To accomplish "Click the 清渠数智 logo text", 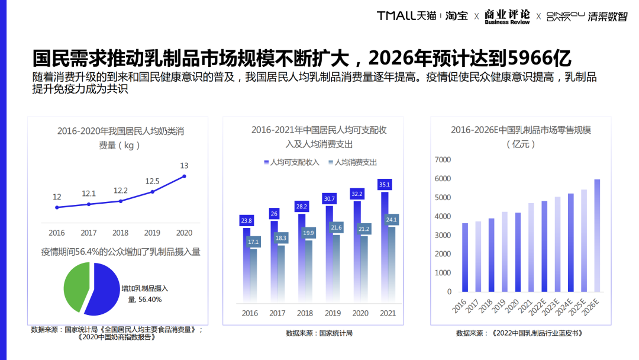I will pos(607,17).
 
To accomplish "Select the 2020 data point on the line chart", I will pos(185,176).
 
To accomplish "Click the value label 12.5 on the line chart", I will pos(153,181).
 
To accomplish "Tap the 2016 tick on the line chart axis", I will pos(57,233).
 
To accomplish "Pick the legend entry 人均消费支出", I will pos(356,162).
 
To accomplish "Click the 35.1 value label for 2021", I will pos(385,184).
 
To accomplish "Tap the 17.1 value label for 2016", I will pos(253,242).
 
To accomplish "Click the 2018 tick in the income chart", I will pos(305,313).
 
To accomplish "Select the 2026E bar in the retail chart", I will pos(596,235).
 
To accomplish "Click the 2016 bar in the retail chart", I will pos(465,257).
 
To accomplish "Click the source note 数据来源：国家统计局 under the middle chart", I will pos(319,333).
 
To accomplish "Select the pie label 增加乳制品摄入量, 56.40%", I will pos(145,294).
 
